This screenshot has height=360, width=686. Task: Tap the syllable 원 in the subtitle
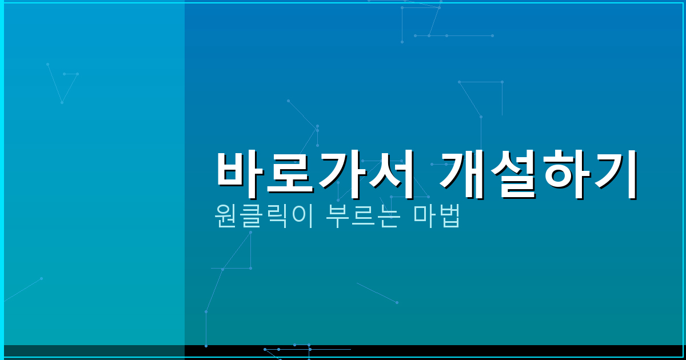[x=224, y=216]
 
